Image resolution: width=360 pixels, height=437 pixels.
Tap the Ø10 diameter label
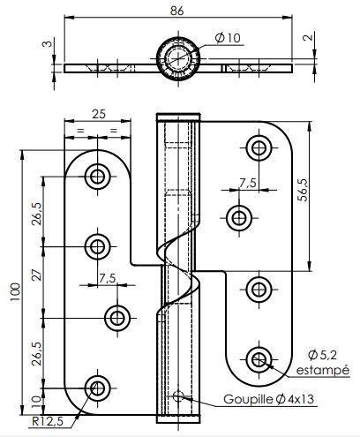[227, 38]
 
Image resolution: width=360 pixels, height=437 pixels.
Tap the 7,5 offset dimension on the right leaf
[248, 183]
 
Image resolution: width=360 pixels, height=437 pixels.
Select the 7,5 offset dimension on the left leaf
[107, 278]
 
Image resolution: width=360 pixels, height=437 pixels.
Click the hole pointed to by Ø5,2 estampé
[258, 358]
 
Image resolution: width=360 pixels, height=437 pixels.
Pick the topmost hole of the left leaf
[97, 176]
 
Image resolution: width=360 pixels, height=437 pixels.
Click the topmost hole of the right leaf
[258, 147]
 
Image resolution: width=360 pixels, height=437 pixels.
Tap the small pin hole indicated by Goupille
[179, 397]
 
